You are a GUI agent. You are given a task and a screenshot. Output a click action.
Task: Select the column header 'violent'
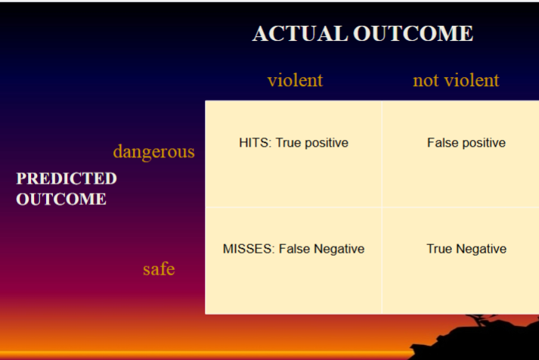point(295,80)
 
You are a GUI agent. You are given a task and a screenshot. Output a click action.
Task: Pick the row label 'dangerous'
point(153,151)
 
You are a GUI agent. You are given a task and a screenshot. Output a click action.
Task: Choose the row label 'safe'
point(159,268)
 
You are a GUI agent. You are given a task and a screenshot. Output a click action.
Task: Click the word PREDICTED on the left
point(67,178)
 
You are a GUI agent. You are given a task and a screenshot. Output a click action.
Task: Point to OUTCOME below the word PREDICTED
point(61,199)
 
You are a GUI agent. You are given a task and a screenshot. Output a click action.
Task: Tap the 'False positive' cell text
point(466,142)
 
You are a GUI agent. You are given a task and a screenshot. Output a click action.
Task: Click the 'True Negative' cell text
point(466,249)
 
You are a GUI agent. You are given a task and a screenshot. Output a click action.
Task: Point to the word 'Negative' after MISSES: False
point(339,249)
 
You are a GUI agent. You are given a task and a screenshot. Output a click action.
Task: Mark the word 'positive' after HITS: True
point(326,142)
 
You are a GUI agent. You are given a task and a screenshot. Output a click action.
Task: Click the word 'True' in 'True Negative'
point(439,249)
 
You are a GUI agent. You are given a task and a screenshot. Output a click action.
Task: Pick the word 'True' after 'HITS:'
point(288,142)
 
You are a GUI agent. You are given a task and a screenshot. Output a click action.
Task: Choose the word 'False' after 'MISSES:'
point(296,249)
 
